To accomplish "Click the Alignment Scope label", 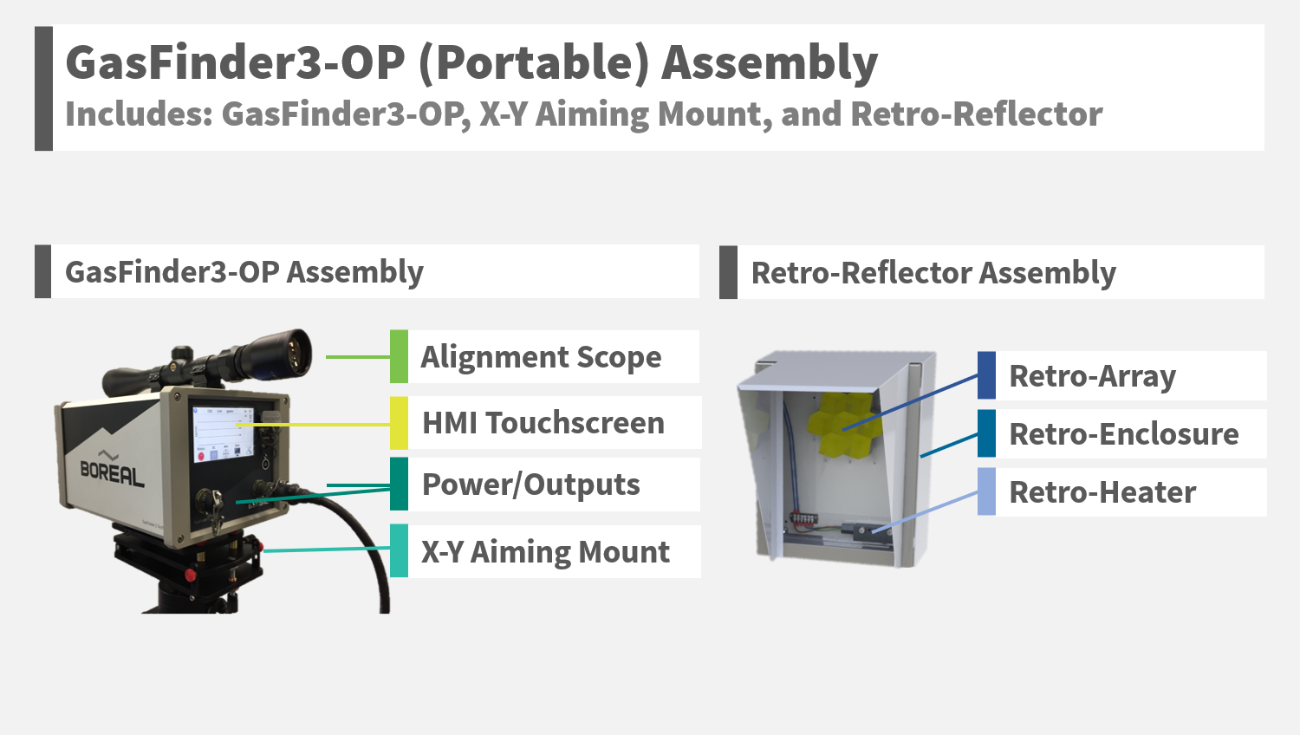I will (541, 357).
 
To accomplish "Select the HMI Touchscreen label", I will (543, 423).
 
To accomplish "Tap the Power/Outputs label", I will (530, 485).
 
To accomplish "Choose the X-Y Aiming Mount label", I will (545, 552).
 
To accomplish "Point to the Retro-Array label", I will (1092, 376).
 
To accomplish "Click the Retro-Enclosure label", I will (1123, 433).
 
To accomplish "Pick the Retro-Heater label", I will (1102, 492).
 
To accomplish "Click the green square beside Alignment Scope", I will (399, 356).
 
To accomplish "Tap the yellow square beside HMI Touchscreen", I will (399, 423).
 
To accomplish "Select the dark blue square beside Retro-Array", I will (986, 375).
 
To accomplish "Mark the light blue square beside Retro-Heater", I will (986, 491).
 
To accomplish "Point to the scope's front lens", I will (297, 351).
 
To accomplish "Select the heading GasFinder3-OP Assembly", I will (244, 272).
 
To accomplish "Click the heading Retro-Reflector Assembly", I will (933, 273).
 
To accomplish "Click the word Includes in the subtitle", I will (139, 114).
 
